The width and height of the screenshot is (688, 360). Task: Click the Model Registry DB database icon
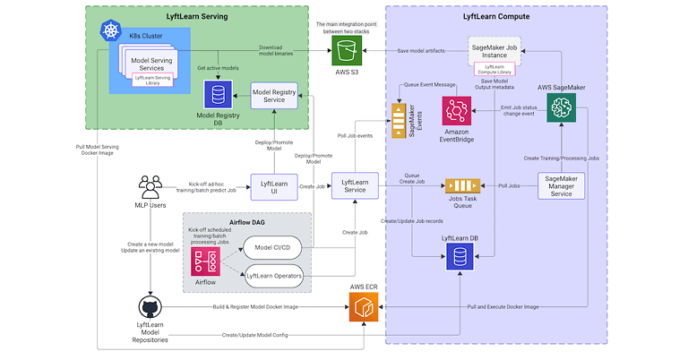[x=215, y=94]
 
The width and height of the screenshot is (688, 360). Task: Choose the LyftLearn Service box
[x=355, y=186]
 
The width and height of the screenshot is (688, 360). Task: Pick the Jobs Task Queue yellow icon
[x=460, y=186]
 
